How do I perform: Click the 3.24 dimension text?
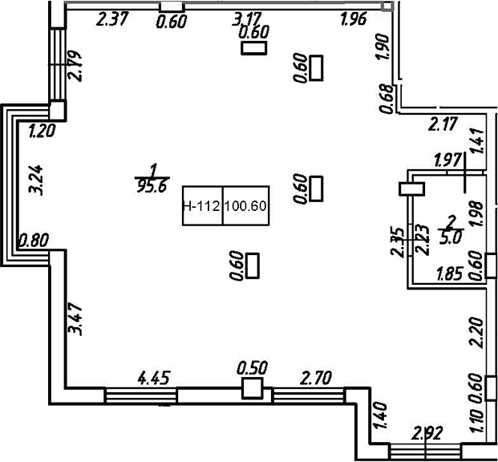pyautogui.click(x=34, y=178)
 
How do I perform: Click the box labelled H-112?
pyautogui.click(x=201, y=206)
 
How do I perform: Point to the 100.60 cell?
pyautogui.click(x=245, y=206)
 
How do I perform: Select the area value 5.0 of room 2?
pyautogui.click(x=451, y=237)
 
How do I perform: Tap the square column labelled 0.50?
pyautogui.click(x=252, y=389)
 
